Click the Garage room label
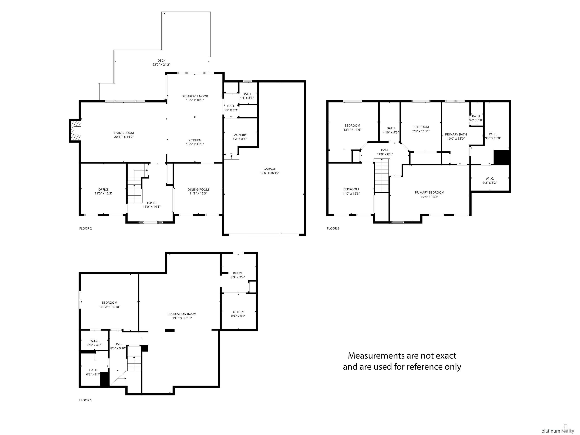point(270,169)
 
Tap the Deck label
point(161,61)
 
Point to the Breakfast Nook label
point(195,96)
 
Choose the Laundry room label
point(239,135)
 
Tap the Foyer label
point(152,203)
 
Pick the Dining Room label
point(198,190)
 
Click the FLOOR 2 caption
point(86,228)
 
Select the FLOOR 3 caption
point(333,228)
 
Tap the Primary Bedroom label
point(430,192)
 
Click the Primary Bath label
point(456,134)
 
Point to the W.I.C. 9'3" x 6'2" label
point(490,181)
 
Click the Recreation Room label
point(182,314)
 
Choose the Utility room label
point(238,312)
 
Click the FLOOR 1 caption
point(86,400)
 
